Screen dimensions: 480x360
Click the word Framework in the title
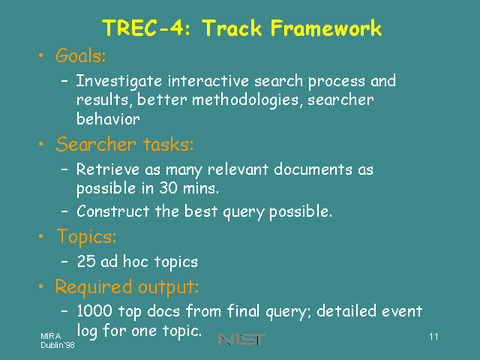tap(326, 28)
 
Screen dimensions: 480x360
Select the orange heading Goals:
tap(81, 55)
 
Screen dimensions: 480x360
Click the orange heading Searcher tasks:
tap(125, 144)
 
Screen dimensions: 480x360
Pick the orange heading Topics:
tap(87, 237)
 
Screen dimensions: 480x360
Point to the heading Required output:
tap(127, 287)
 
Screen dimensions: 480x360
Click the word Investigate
tap(118, 82)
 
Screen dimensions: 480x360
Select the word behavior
tap(108, 118)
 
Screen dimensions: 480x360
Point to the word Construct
tap(113, 211)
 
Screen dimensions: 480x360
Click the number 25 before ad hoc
tap(86, 262)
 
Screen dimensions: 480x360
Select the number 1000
tap(94, 310)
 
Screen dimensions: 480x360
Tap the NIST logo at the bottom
tap(241, 339)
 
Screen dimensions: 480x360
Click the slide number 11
tap(433, 337)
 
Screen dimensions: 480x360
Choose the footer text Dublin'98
tap(58, 345)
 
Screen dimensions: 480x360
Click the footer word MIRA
tap(51, 336)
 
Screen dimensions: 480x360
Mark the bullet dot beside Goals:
tap(41, 55)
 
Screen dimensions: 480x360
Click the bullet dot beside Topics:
tap(41, 236)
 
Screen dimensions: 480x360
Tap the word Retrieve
tap(108, 169)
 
